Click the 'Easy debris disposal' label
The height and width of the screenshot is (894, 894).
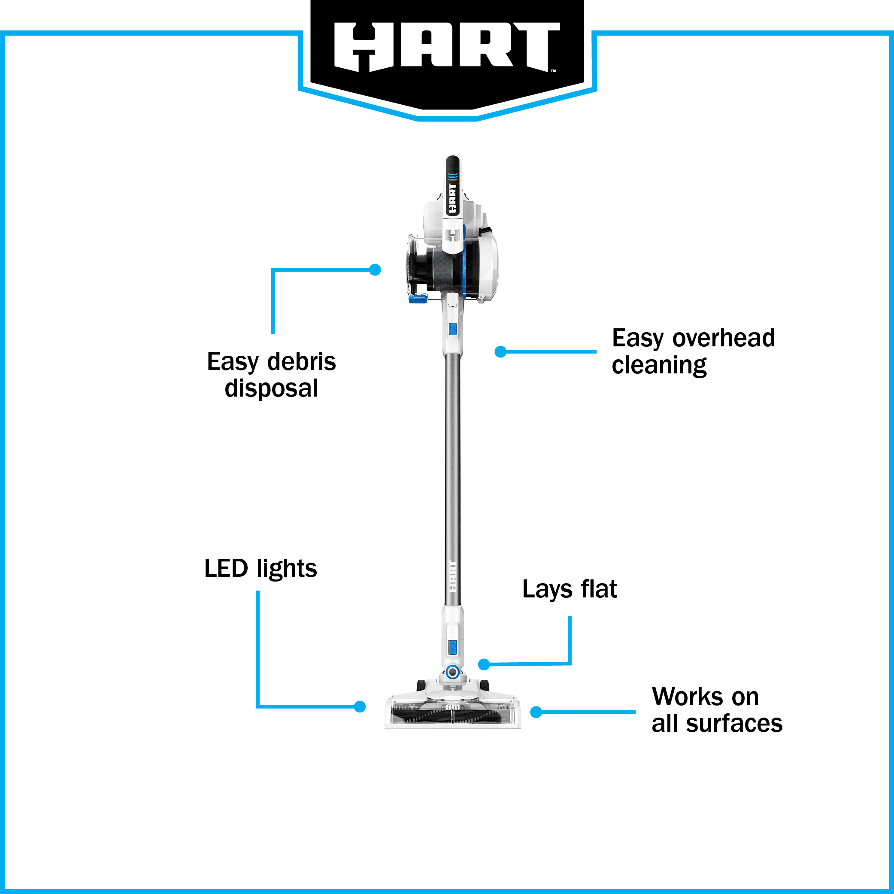pyautogui.click(x=271, y=374)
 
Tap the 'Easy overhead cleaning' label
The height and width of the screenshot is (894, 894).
pyautogui.click(x=693, y=351)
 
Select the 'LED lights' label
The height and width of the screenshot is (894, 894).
pyautogui.click(x=261, y=569)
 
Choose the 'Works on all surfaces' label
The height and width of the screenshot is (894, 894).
pyautogui.click(x=717, y=710)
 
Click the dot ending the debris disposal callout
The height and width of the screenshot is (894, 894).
pyautogui.click(x=375, y=270)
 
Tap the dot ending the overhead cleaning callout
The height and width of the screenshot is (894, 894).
pyautogui.click(x=500, y=352)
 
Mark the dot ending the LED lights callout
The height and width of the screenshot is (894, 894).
pyautogui.click(x=360, y=706)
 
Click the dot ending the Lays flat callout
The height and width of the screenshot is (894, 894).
pyautogui.click(x=484, y=664)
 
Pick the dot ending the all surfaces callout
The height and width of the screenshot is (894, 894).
pyautogui.click(x=536, y=712)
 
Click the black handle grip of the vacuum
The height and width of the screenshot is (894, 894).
pyautogui.click(x=452, y=185)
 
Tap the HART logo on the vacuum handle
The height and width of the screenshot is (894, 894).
pyautogui.click(x=452, y=199)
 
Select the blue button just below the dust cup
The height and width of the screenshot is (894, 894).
pyautogui.click(x=452, y=329)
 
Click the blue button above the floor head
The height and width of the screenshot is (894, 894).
pyautogui.click(x=452, y=647)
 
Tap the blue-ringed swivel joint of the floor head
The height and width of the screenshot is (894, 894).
pyautogui.click(x=452, y=672)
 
